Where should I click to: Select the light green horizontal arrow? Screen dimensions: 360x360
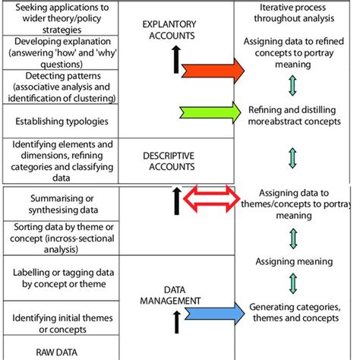coord(211,112)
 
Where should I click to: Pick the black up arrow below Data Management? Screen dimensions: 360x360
coord(177,324)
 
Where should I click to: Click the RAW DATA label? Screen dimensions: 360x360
coord(59,352)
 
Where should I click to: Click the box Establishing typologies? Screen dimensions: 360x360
coord(59,119)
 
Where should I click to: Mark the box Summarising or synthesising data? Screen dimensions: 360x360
coord(59,203)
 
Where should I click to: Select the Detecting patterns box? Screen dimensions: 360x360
coord(59,87)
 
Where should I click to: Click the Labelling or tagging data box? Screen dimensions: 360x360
coord(59,278)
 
